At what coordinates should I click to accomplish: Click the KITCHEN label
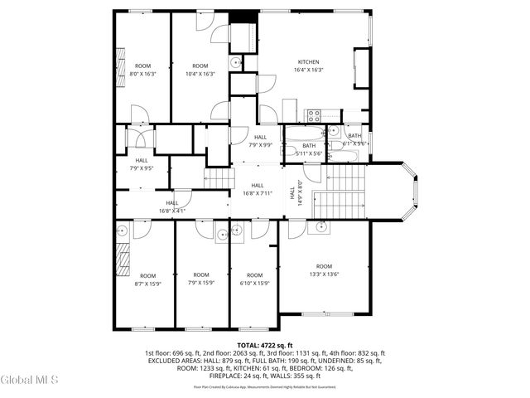click(x=308, y=62)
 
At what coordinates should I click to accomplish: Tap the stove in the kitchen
click(x=315, y=115)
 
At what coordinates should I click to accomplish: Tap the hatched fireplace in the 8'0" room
click(x=121, y=61)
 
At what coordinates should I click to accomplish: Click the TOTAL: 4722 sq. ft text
click(x=265, y=344)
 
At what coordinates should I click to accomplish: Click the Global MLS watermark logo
click(x=30, y=381)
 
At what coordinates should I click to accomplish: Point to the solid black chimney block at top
click(x=240, y=17)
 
